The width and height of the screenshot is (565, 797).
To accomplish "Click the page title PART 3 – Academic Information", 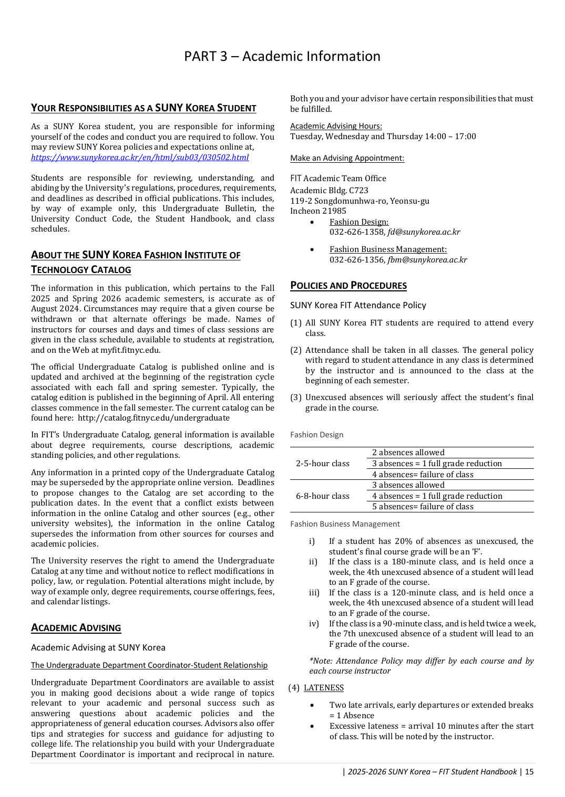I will (x=282, y=56).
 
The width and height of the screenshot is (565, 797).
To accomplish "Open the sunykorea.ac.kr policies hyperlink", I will (x=140, y=158).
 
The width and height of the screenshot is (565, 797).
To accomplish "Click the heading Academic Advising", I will (x=76, y=628).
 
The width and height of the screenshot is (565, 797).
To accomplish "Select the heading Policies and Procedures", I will (x=348, y=286).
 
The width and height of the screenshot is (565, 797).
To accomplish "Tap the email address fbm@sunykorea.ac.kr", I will (x=427, y=260).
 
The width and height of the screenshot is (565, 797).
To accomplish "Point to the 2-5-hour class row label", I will (x=323, y=464).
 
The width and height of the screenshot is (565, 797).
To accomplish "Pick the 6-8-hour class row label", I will (x=323, y=496).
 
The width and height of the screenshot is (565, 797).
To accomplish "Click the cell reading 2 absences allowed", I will (x=408, y=453).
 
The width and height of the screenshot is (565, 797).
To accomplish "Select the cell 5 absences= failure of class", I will (x=423, y=507).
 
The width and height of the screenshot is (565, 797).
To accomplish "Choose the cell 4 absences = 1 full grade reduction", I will (x=437, y=496).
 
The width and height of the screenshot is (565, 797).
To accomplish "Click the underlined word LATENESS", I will (x=324, y=688).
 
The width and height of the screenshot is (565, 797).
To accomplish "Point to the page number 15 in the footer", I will (x=529, y=772).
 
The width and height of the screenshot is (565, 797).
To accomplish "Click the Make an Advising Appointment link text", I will (x=347, y=158).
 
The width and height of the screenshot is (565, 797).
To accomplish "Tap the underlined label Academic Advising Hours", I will (x=336, y=126).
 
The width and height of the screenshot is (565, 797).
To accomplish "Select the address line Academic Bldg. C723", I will (x=329, y=191).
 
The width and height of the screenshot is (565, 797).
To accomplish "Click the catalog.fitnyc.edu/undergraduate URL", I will (x=153, y=418).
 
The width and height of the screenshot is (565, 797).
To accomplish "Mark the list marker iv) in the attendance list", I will (x=314, y=624).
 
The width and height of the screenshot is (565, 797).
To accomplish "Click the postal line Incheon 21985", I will (x=318, y=211).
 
